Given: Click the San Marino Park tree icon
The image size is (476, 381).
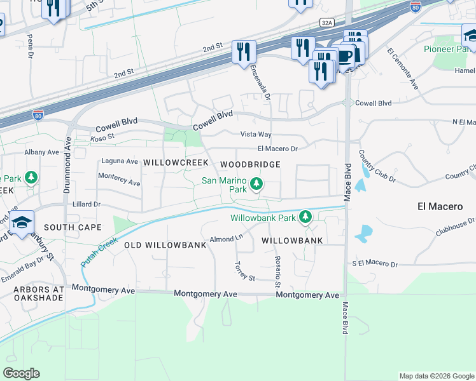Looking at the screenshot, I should tap(256, 184).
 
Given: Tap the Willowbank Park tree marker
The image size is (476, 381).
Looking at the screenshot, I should tap(305, 218).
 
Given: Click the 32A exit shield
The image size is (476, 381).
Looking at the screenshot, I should tap(326, 22).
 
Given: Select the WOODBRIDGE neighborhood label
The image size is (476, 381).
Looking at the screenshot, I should tap(250, 164).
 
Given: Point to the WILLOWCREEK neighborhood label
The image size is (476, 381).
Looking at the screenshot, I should tap(176, 163).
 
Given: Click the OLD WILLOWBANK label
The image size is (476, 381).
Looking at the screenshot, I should tap(165, 244).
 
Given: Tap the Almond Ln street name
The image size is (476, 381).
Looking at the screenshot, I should tap(227, 238).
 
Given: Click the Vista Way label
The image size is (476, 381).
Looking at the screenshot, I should tap(255, 135).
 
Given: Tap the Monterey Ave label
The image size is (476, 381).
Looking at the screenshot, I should tap(119, 182).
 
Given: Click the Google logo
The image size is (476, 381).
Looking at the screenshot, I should tap(21, 373).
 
